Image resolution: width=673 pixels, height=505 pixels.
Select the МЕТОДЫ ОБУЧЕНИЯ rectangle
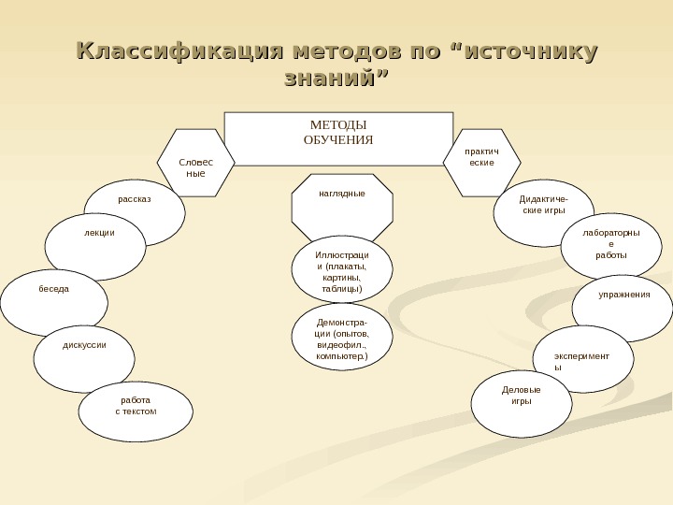[x=338, y=137]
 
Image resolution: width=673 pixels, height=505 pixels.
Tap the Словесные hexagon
[x=195, y=165]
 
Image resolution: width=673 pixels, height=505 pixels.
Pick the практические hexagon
[x=480, y=158]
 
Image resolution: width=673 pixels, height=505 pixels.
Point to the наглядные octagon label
[x=341, y=194]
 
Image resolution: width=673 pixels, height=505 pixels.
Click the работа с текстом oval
[x=136, y=410]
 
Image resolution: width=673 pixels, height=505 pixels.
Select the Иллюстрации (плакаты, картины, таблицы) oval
[x=341, y=271]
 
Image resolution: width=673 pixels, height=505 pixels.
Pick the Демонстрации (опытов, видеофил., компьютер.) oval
[x=341, y=339]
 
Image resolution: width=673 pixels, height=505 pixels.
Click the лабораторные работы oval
[x=611, y=245]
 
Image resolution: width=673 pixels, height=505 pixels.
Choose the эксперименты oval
[x=582, y=360]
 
